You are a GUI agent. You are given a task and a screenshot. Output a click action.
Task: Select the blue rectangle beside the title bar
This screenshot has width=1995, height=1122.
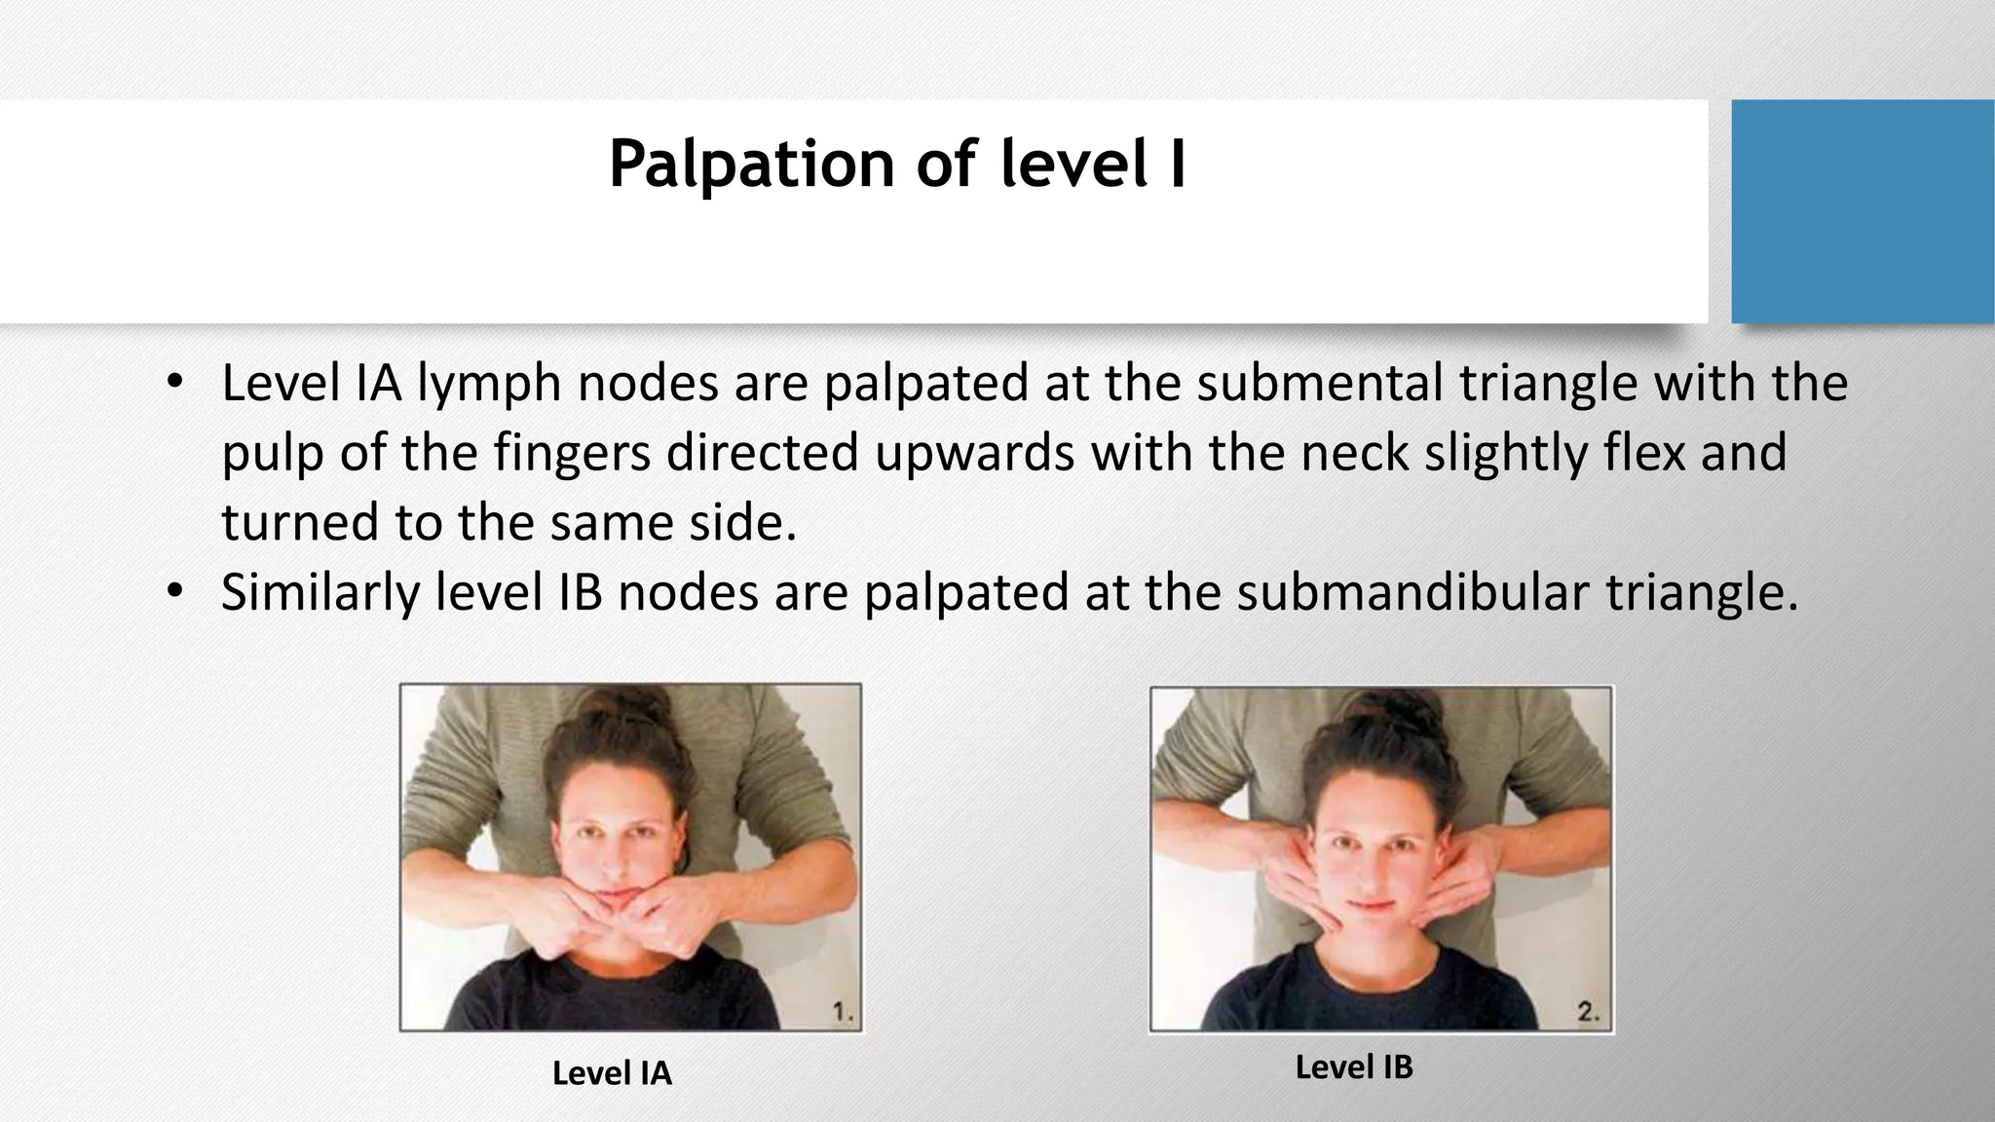(1862, 211)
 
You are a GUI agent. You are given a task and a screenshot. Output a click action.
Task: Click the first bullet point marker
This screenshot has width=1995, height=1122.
(173, 382)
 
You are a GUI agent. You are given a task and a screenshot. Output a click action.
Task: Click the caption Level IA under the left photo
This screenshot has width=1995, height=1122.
(612, 1073)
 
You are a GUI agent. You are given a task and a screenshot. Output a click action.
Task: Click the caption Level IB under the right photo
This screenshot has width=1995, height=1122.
(1354, 1067)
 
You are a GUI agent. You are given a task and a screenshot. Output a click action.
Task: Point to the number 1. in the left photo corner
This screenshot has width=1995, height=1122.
(844, 1013)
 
